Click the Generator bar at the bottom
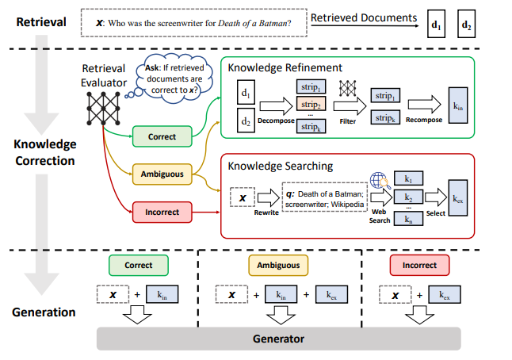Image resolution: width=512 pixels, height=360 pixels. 278,338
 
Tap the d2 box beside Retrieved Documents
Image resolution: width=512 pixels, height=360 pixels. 467,25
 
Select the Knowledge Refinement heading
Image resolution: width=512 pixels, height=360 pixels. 285,67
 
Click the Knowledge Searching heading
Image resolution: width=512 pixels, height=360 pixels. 281,167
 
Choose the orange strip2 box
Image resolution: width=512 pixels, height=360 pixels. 309,105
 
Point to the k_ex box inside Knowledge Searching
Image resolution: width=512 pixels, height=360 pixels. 460,199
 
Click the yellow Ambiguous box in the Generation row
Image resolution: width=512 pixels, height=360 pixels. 277,264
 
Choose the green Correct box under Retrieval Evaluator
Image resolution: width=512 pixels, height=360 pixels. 162,136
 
